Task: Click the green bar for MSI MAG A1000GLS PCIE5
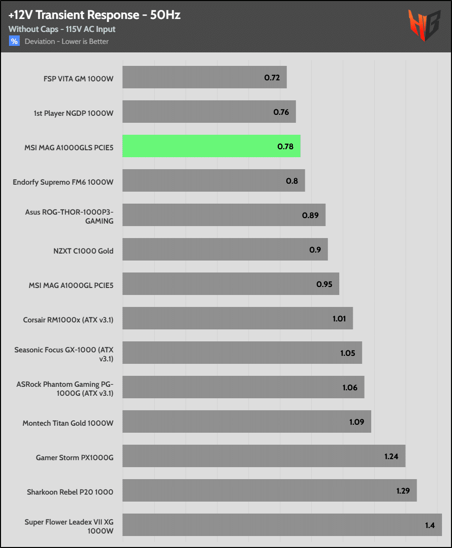point(211,146)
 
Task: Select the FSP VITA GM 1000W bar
point(204,77)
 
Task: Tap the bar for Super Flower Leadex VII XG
point(282,525)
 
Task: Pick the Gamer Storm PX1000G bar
point(263,456)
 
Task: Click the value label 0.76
point(281,112)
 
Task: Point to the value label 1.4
point(430,526)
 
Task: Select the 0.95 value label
point(324,284)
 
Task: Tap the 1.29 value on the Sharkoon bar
point(403,491)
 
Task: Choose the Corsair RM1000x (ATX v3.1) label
point(68,319)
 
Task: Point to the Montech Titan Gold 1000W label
point(68,423)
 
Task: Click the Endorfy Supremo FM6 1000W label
point(63,182)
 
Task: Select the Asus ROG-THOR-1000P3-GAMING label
point(69,216)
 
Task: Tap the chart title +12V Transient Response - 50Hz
point(94,15)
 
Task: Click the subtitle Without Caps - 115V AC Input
point(62,29)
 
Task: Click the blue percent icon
point(14,41)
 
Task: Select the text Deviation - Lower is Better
point(67,41)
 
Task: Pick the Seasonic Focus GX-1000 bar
point(242,353)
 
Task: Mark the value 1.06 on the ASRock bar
point(350,387)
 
